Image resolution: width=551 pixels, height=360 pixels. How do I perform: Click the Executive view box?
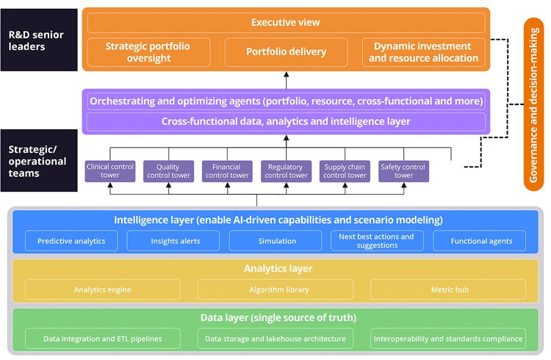point(286,23)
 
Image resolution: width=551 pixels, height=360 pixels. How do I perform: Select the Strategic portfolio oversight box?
point(148,52)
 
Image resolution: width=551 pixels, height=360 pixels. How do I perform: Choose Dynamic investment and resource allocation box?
point(423,52)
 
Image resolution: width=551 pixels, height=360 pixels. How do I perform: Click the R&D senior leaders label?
point(39,40)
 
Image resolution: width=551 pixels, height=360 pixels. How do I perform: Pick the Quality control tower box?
point(168,171)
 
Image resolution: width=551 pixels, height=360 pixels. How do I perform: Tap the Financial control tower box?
point(227,171)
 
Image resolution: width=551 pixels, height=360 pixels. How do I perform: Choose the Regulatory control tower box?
point(286,171)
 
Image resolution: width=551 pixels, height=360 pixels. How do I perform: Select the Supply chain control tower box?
point(345,171)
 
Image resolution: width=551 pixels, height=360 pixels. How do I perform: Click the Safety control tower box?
point(403,171)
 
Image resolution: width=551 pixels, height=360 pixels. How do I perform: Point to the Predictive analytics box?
point(71,241)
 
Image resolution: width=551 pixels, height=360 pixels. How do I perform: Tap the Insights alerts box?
point(175,241)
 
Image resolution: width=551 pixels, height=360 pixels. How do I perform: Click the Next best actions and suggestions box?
point(376,241)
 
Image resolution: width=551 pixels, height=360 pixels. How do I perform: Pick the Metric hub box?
point(450,289)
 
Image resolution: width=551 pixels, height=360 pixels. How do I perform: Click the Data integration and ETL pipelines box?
point(102,339)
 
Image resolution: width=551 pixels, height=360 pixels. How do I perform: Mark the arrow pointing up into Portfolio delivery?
point(286,79)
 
